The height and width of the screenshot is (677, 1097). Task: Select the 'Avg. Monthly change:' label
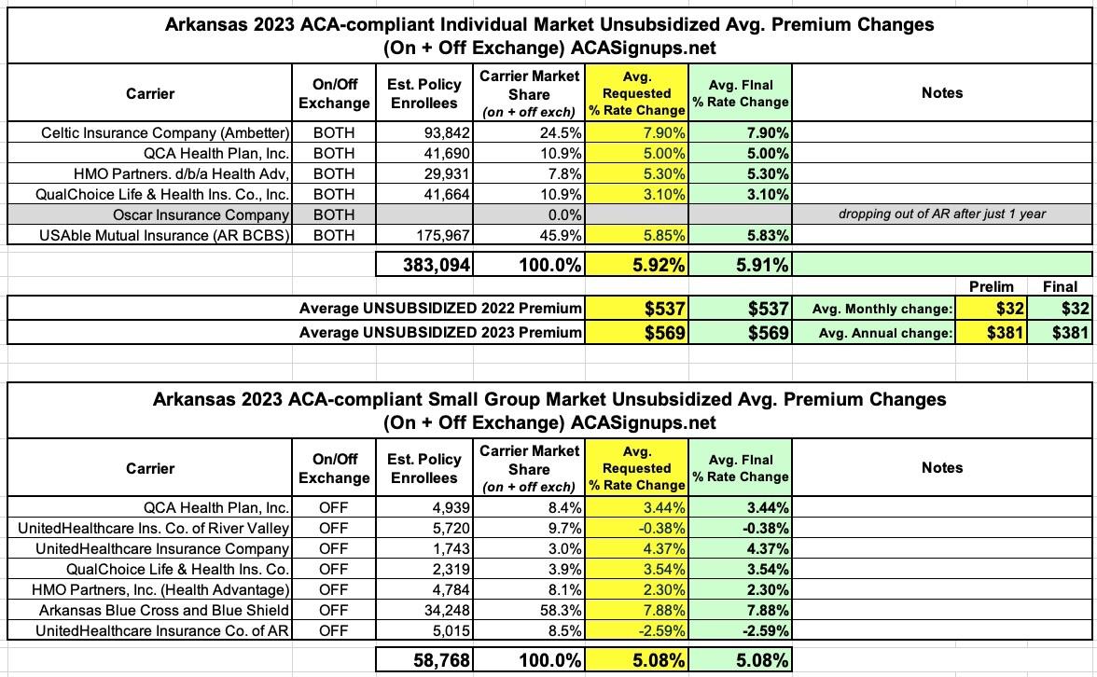click(x=874, y=309)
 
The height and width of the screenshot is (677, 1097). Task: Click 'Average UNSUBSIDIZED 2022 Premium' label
click(x=440, y=309)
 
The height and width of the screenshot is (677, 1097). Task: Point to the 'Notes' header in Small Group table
click(x=941, y=468)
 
